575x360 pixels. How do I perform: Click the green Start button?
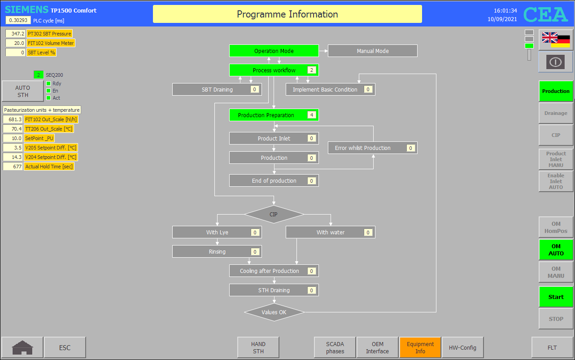[556, 297]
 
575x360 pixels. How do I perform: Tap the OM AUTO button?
[556, 250]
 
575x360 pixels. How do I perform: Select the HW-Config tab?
[462, 347]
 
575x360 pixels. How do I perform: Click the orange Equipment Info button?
[420, 347]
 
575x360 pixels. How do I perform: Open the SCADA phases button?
[335, 347]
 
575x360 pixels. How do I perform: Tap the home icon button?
[22, 347]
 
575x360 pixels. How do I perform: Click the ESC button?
[65, 347]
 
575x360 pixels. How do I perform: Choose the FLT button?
[552, 347]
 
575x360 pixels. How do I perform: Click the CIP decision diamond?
[274, 214]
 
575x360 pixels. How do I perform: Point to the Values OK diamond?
[274, 312]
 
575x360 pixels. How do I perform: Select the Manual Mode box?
[372, 51]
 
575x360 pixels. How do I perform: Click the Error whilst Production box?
[372, 148]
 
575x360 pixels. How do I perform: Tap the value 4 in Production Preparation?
[312, 115]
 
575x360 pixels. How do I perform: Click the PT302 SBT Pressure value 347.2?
[15, 34]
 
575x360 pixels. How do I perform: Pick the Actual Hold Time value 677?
[13, 167]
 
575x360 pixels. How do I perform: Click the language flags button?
[556, 40]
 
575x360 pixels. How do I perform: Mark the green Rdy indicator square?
[48, 83]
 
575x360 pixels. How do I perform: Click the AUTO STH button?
[22, 91]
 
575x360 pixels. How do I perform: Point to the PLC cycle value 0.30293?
[18, 20]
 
